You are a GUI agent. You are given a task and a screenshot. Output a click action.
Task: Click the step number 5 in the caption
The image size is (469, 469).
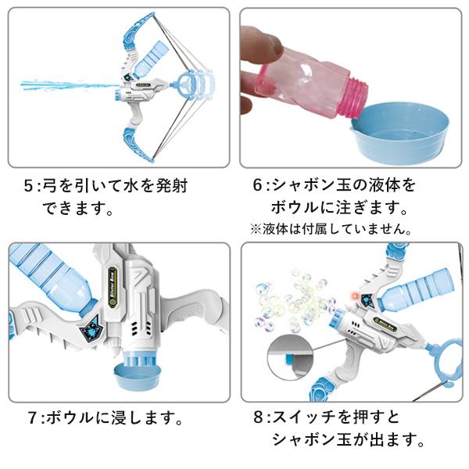click(28, 186)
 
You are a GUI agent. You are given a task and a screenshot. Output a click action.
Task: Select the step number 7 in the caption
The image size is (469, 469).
click(32, 417)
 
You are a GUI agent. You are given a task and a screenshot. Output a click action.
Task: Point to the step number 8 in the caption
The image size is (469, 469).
click(258, 417)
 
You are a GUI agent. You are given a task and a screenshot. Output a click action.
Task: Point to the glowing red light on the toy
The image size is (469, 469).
click(356, 296)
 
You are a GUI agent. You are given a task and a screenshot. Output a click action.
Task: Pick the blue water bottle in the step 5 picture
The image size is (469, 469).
click(149, 60)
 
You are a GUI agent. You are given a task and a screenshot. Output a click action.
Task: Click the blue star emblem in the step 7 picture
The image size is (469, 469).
click(92, 329)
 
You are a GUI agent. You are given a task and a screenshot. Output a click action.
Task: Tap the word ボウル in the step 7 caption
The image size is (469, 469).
click(70, 417)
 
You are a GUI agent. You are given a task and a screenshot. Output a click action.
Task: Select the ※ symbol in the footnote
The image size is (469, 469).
click(256, 229)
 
